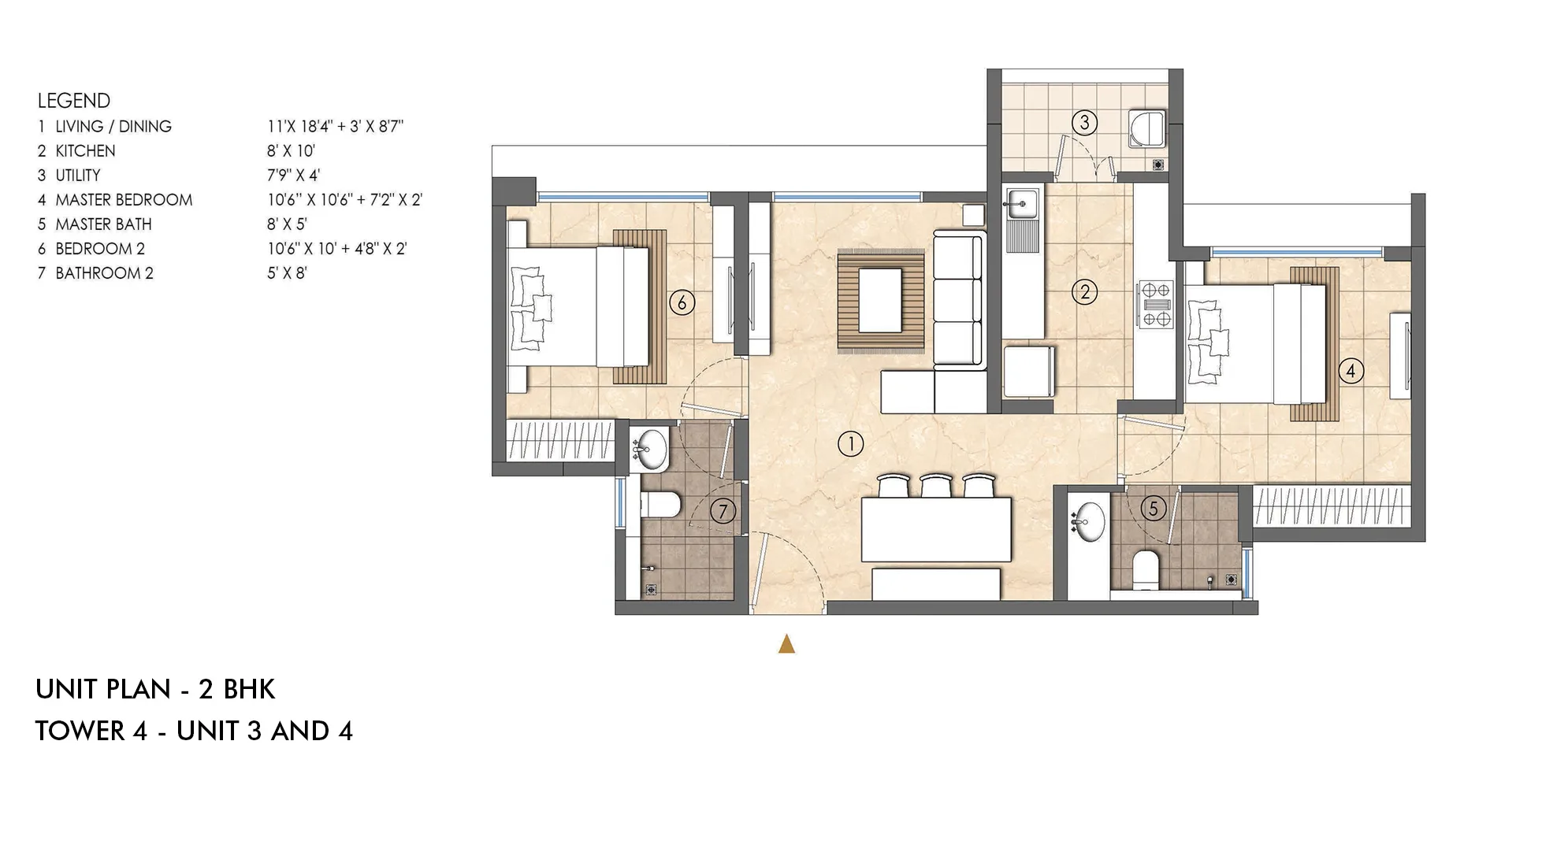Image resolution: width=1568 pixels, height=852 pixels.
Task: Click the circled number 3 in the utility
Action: [x=1084, y=122]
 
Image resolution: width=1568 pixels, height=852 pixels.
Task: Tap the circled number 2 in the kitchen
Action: [x=1084, y=292]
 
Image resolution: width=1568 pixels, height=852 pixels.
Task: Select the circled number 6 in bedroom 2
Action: [x=682, y=302]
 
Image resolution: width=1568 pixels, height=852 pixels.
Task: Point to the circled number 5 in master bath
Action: [x=1153, y=509]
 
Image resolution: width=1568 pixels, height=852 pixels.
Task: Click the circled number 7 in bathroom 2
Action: [x=723, y=511]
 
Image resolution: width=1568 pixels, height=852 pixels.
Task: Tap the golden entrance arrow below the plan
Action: [x=786, y=645]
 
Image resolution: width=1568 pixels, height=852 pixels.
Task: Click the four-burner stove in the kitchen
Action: [x=1156, y=304]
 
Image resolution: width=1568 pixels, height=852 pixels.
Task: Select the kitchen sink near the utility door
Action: [x=1020, y=206]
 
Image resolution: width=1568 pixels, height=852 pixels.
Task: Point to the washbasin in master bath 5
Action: [x=1090, y=520]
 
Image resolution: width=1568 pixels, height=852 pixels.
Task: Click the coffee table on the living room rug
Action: [x=880, y=300]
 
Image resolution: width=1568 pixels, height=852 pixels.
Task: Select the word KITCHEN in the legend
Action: [x=85, y=150]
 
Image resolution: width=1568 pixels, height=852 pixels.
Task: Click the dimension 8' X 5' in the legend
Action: [x=287, y=224]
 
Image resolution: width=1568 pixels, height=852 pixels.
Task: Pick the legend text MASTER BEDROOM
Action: [x=124, y=200]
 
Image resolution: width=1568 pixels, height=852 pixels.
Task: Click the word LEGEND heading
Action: [x=74, y=101]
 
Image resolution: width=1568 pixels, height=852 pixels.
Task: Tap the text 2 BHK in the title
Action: [x=236, y=689]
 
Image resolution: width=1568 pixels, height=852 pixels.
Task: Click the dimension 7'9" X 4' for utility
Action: [x=293, y=176]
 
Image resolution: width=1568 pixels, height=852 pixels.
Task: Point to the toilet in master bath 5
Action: [x=1145, y=569]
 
